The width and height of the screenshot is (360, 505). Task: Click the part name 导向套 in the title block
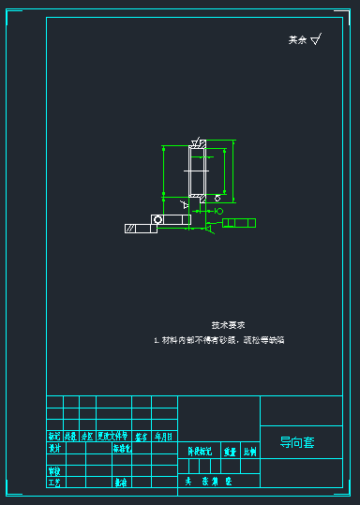pos(297,442)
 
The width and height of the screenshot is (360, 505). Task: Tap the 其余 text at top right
pos(297,40)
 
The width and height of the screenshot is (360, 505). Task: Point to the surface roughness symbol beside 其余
pos(315,39)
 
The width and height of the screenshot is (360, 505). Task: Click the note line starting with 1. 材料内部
pos(218,340)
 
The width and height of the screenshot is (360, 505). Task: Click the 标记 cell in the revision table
pos(54,437)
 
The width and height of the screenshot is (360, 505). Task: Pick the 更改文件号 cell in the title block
pos(112,437)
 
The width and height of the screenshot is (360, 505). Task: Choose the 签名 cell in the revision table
pos(142,437)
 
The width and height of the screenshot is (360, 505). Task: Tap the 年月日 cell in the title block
pos(164,437)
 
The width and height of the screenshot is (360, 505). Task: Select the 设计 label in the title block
pos(54,448)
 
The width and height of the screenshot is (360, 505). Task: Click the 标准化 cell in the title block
pos(123,448)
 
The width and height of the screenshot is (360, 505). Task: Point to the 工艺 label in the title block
pos(54,483)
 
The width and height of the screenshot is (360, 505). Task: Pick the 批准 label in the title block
pos(121,483)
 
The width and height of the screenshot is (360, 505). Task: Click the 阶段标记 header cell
pos(200,452)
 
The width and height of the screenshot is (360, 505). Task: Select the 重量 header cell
pos(231,452)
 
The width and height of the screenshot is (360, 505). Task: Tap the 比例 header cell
pos(250,452)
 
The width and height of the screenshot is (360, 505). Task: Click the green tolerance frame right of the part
pos(238,223)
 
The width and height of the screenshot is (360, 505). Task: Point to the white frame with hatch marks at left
pos(141,228)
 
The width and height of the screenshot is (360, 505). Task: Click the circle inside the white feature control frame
pos(157,219)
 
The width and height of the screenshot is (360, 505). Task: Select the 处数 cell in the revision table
pos(70,437)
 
